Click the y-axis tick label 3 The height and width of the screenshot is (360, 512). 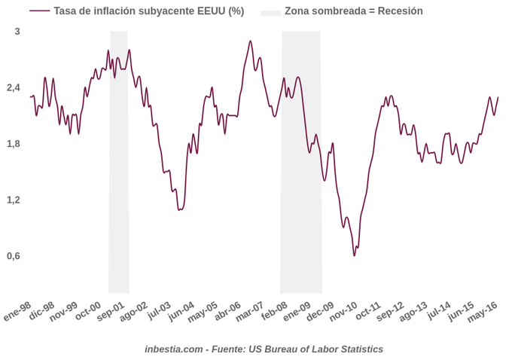tap(17, 32)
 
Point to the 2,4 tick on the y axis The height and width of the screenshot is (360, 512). tap(14, 88)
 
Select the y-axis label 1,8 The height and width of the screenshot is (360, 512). tap(14, 144)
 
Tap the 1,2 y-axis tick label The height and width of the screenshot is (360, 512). tap(14, 200)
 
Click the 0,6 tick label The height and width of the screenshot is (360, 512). tap(14, 256)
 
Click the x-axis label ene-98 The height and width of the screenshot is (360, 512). tap(17, 311)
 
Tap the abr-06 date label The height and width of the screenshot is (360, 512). tap(227, 311)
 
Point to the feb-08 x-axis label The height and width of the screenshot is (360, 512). tap(274, 311)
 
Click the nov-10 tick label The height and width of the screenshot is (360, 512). tap(343, 311)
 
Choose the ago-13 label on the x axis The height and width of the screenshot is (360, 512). tap(413, 311)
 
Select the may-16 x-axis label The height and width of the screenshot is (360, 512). tap(483, 311)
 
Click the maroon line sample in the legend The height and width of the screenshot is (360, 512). tap(39, 11)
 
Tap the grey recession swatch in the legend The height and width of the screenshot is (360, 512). tap(270, 12)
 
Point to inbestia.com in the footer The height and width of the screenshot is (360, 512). tap(174, 349)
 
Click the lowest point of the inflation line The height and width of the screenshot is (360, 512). tap(354, 255)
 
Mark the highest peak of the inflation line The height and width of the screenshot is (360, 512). tap(250, 41)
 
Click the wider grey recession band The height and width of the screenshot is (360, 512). tap(301, 162)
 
